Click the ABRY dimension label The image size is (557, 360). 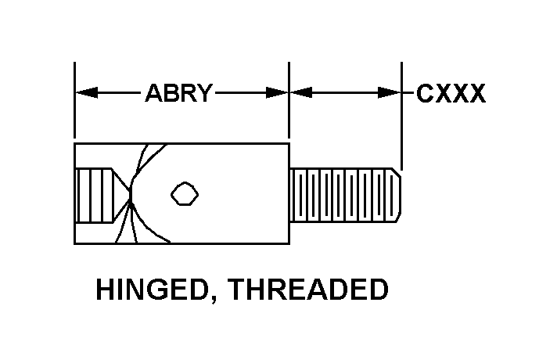(x=179, y=93)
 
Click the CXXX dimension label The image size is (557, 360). (x=451, y=93)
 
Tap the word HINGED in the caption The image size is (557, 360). (x=152, y=289)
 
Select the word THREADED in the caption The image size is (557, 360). (x=308, y=289)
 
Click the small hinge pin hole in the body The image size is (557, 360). (x=185, y=193)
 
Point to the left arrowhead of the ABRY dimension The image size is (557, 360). (x=86, y=93)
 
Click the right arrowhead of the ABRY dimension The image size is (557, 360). (x=277, y=93)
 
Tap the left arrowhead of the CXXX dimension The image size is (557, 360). (x=301, y=93)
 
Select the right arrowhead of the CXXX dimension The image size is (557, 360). (x=390, y=93)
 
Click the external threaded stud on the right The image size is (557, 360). (x=346, y=195)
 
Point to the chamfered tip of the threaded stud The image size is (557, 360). (x=397, y=195)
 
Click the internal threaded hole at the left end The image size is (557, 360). (x=95, y=195)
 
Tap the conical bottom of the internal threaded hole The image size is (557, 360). (x=122, y=195)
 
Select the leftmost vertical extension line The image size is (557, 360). (x=74, y=100)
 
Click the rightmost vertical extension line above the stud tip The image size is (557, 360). (x=402, y=116)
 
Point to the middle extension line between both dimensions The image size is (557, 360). (x=289, y=100)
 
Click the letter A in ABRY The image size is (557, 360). (x=154, y=93)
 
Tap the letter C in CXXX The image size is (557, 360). (x=425, y=93)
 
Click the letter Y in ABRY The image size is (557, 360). (x=204, y=93)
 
